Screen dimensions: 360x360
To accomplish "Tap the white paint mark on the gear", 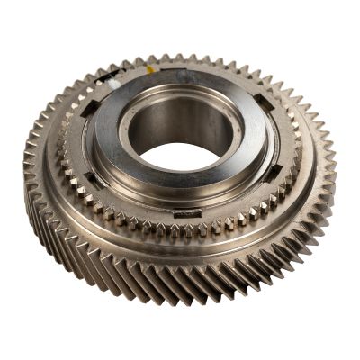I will pyautogui.click(x=112, y=83).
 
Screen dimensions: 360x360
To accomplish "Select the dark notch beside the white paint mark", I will pyautogui.click(x=100, y=90).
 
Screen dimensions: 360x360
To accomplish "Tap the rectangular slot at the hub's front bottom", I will pyautogui.click(x=187, y=212).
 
